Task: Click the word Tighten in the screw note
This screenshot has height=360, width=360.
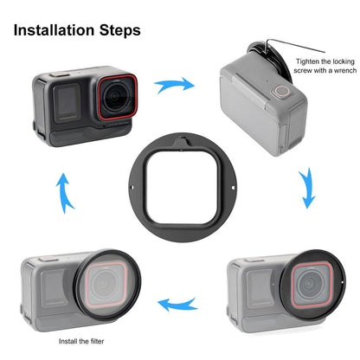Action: pyautogui.click(x=309, y=61)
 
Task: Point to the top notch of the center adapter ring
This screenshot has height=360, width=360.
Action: pyautogui.click(x=183, y=138)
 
